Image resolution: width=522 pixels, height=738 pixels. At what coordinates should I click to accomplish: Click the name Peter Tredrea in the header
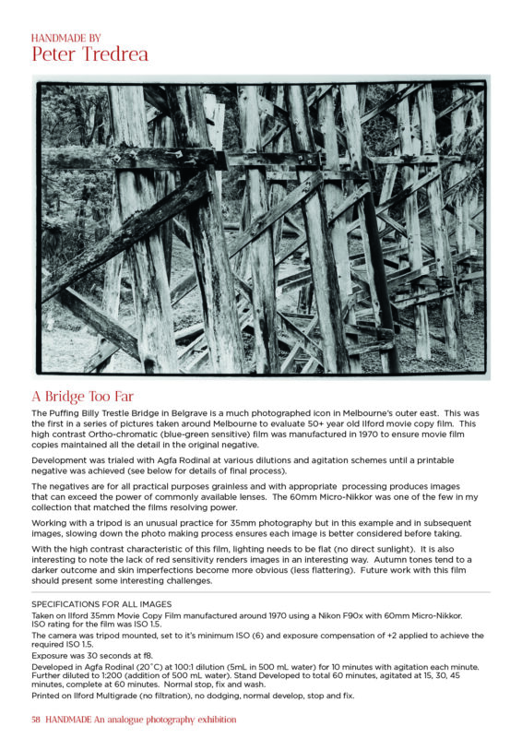point(89,54)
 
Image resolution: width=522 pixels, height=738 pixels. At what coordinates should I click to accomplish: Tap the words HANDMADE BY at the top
point(66,38)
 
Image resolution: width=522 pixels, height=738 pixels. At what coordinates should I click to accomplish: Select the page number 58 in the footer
point(36,720)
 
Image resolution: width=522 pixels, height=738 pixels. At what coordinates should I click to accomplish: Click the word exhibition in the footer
point(209,720)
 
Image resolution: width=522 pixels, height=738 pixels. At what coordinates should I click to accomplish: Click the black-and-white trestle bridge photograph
point(260,227)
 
